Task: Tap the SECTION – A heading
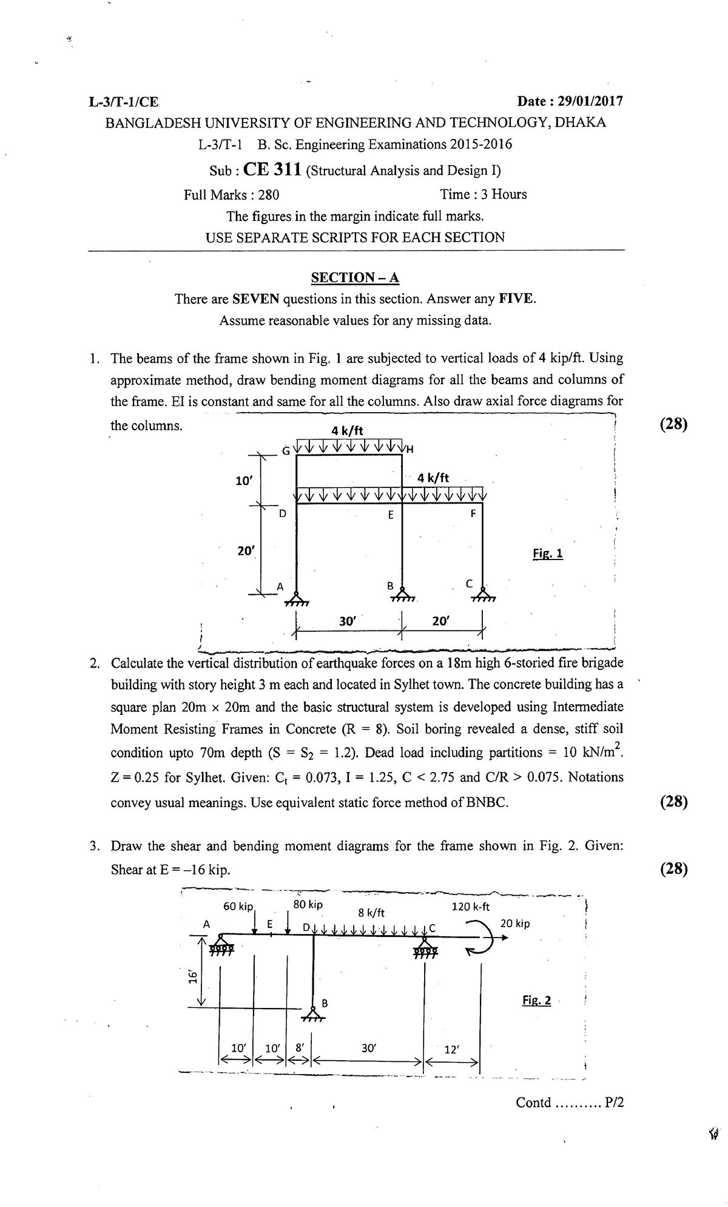coord(356,277)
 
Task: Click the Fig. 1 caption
coord(548,553)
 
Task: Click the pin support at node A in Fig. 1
coord(296,598)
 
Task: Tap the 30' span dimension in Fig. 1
coord(349,621)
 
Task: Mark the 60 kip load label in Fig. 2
coord(237,907)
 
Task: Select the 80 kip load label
coord(308,904)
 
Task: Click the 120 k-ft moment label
coord(471,907)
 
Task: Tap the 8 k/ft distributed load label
coord(371,912)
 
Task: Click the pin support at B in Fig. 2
coord(313,1013)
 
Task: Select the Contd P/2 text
coord(569,1103)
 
